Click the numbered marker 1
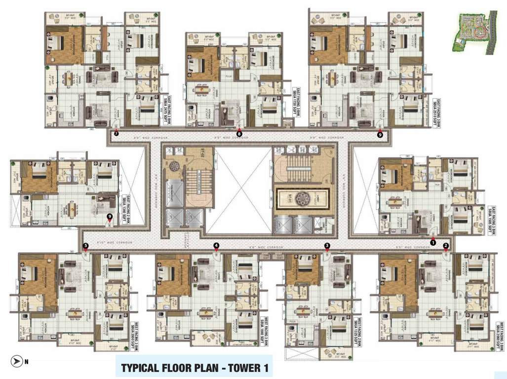[433, 242]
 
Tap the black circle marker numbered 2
[446, 245]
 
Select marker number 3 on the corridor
[327, 245]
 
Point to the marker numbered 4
[216, 245]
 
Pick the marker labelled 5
[86, 245]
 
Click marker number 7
[116, 133]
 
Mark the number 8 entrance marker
[239, 133]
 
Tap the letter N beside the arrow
[26, 362]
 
